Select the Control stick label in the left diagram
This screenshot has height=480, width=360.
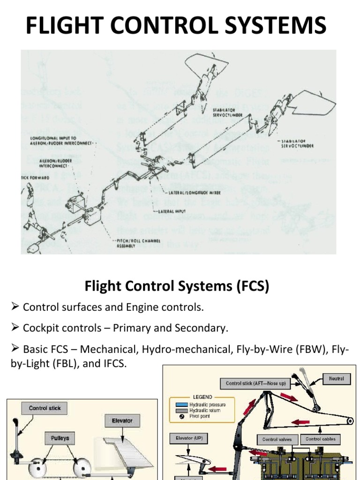tap(45, 408)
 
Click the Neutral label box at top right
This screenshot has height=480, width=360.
tap(336, 378)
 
